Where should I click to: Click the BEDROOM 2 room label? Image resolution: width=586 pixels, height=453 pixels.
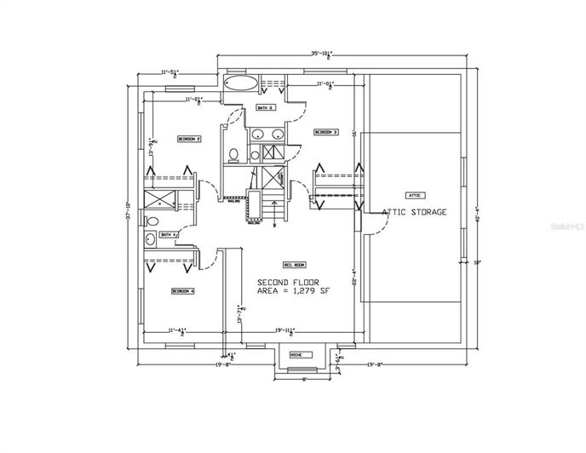(189, 138)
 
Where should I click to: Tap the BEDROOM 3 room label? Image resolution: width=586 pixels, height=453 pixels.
(326, 132)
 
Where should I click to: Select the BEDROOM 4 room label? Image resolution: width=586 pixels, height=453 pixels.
(183, 290)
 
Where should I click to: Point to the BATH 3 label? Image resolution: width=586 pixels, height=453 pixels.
(265, 108)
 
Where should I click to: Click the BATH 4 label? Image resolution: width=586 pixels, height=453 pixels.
(168, 234)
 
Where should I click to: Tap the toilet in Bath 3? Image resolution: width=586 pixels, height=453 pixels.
(233, 154)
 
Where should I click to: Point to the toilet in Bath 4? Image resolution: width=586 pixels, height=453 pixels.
(149, 238)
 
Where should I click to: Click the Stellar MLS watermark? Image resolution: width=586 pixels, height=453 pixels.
(566, 227)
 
